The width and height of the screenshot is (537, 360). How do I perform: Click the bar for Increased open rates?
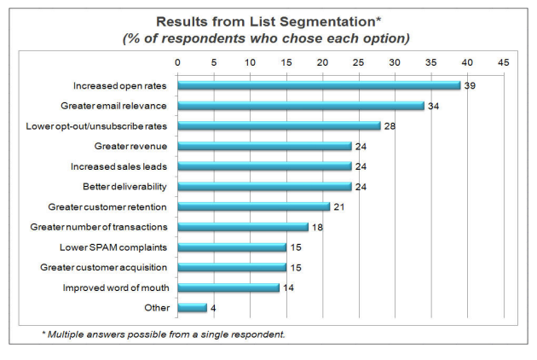click(x=319, y=85)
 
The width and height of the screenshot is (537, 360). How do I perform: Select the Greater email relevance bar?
click(x=301, y=106)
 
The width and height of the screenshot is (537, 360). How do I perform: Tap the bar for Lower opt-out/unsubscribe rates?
click(x=279, y=125)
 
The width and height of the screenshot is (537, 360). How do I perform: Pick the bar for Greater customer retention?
click(x=253, y=206)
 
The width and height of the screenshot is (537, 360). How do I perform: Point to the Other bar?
click(x=192, y=307)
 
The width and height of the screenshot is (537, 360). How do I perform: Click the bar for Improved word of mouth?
click(x=228, y=287)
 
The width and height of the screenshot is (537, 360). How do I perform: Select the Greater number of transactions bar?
click(x=243, y=227)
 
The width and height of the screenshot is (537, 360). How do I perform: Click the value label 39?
click(x=469, y=85)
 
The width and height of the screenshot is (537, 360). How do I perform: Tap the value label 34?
click(x=432, y=106)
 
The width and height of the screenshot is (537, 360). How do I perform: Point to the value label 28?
click(x=389, y=125)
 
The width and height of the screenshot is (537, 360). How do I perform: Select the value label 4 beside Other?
click(x=213, y=307)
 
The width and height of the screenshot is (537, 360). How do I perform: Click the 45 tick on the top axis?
click(x=503, y=62)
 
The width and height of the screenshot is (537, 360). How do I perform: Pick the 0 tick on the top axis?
click(x=177, y=62)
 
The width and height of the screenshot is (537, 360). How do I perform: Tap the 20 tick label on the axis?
click(x=322, y=62)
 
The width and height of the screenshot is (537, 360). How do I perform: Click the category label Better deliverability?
click(x=124, y=186)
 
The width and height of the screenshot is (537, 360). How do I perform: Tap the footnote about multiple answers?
click(x=164, y=334)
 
